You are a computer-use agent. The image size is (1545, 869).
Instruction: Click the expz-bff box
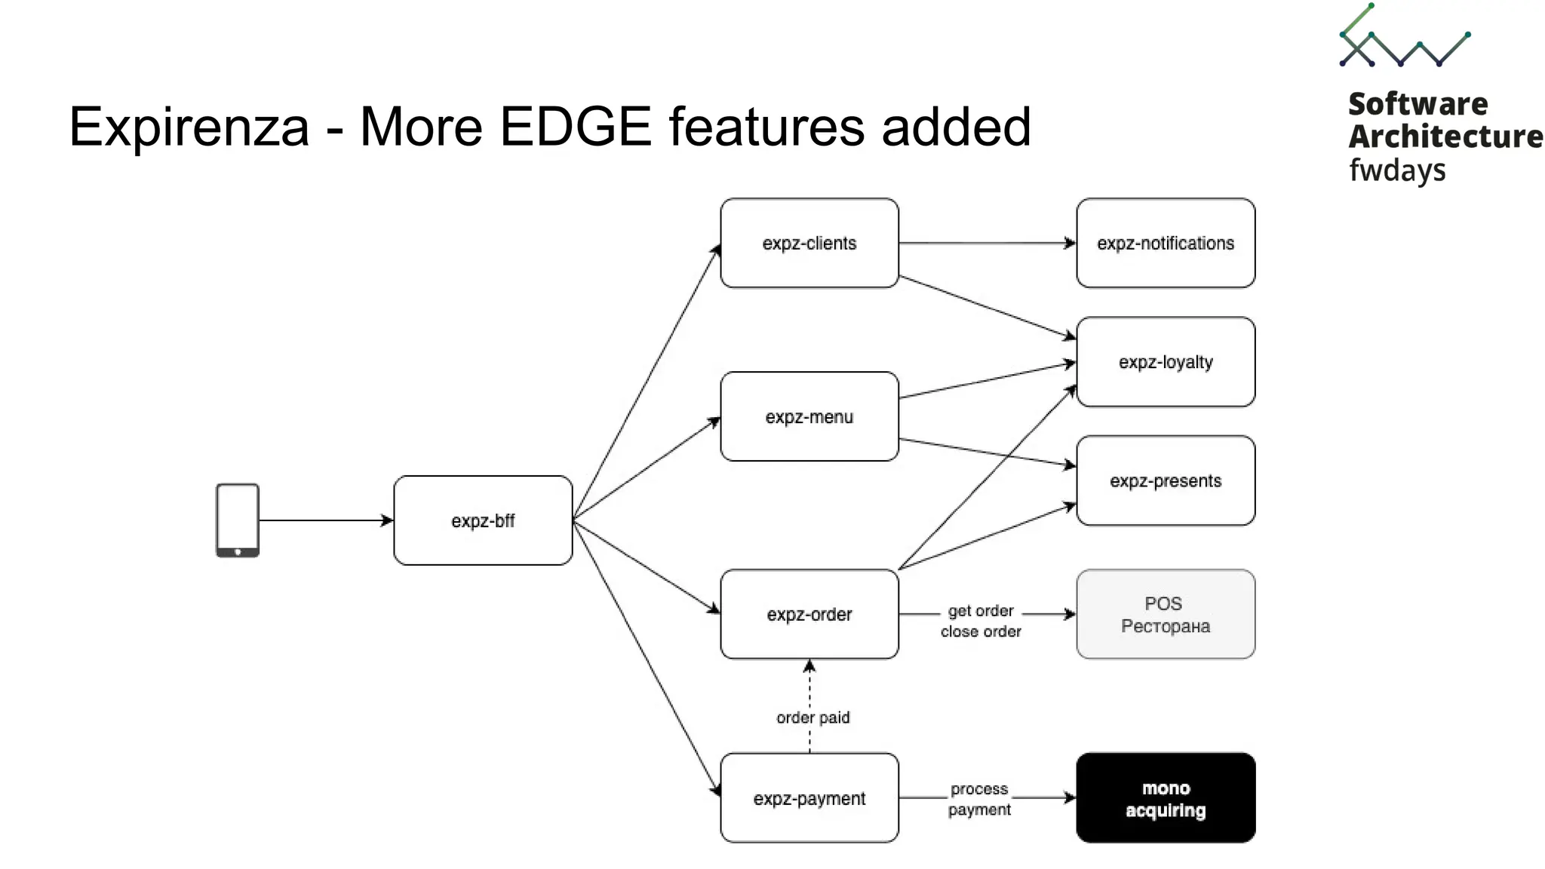[483, 520]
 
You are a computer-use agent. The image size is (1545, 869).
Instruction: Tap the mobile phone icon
[238, 520]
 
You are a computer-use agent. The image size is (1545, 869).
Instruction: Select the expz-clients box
[809, 243]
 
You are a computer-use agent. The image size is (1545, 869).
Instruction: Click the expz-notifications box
[1166, 243]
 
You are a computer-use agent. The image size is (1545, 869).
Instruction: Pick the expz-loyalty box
[1166, 362]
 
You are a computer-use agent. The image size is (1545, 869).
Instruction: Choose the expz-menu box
[809, 416]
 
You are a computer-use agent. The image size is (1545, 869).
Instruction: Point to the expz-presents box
[1166, 481]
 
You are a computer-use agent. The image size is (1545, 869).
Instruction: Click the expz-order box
[809, 614]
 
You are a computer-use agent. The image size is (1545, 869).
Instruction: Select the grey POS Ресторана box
[1166, 614]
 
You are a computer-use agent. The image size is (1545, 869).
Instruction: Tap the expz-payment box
[809, 798]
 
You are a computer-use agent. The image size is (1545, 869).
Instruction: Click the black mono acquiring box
[1166, 798]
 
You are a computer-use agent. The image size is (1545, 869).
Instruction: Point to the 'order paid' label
[813, 717]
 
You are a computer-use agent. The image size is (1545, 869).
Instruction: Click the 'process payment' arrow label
[979, 799]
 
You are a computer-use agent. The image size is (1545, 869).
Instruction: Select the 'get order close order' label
[981, 621]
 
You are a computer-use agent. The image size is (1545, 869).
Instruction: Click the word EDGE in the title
[576, 127]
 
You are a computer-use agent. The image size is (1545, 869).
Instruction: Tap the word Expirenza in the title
[189, 127]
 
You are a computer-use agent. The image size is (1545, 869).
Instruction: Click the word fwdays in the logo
[1397, 170]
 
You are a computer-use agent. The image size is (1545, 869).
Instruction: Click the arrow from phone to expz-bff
[324, 520]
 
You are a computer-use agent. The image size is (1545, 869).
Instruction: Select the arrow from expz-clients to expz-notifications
[987, 243]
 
